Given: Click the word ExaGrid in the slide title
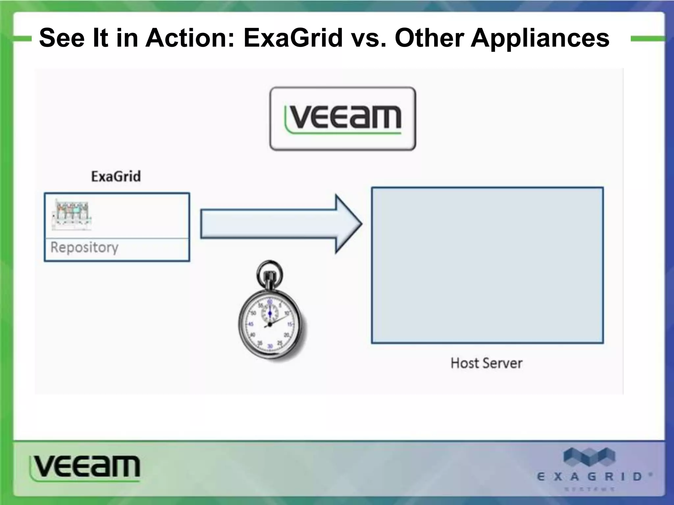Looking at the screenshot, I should click(293, 38).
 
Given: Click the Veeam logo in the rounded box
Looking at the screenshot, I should click(343, 119).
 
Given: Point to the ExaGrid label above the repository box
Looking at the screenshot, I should click(116, 177).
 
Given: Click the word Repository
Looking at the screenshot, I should click(84, 247).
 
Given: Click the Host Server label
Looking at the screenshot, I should click(486, 363).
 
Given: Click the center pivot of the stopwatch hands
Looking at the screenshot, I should click(270, 325).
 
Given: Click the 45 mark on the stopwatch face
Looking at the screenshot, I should click(251, 324).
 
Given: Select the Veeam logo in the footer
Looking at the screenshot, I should click(85, 467).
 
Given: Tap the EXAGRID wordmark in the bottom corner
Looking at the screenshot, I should click(589, 477).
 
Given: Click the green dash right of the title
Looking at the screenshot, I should click(647, 39).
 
